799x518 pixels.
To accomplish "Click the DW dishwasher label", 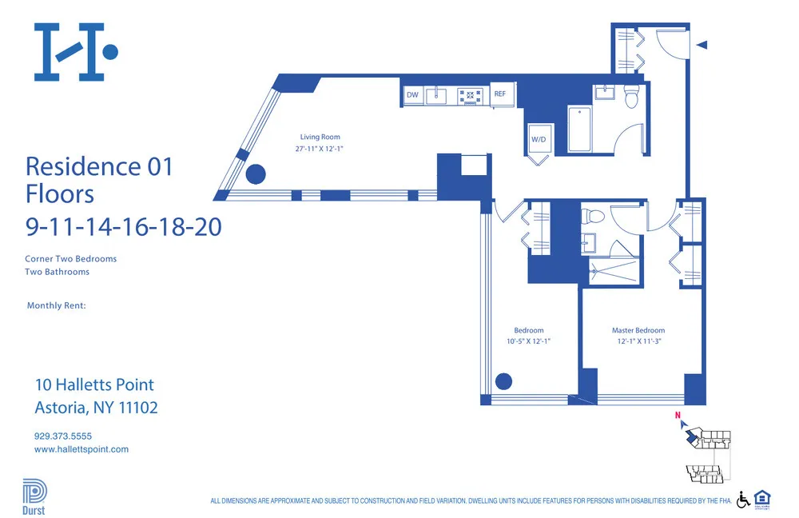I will click(x=412, y=95).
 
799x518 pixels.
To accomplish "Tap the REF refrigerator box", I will click(x=500, y=94).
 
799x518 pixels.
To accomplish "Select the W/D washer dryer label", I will click(x=539, y=140).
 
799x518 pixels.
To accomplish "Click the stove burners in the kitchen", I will click(x=471, y=97).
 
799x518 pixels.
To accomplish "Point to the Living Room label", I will click(x=320, y=137).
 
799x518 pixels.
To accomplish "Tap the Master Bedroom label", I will click(x=638, y=330).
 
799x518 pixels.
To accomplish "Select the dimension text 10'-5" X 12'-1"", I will click(x=529, y=341).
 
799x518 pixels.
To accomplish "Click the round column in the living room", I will click(x=256, y=173).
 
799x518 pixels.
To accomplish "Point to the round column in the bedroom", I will click(x=504, y=381).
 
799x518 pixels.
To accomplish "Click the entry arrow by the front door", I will click(x=702, y=46).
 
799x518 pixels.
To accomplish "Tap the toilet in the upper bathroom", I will click(x=632, y=96).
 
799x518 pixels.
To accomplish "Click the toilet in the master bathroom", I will click(x=594, y=217).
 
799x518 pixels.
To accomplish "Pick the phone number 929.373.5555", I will click(x=63, y=436).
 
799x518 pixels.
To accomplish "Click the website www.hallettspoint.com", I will click(x=81, y=449).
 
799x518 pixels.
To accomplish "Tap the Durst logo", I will click(x=34, y=495).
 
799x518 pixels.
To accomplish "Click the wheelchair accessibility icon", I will click(x=742, y=499).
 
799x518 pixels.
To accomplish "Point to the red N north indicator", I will click(x=678, y=416).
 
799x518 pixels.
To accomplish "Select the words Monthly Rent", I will click(x=56, y=305).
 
